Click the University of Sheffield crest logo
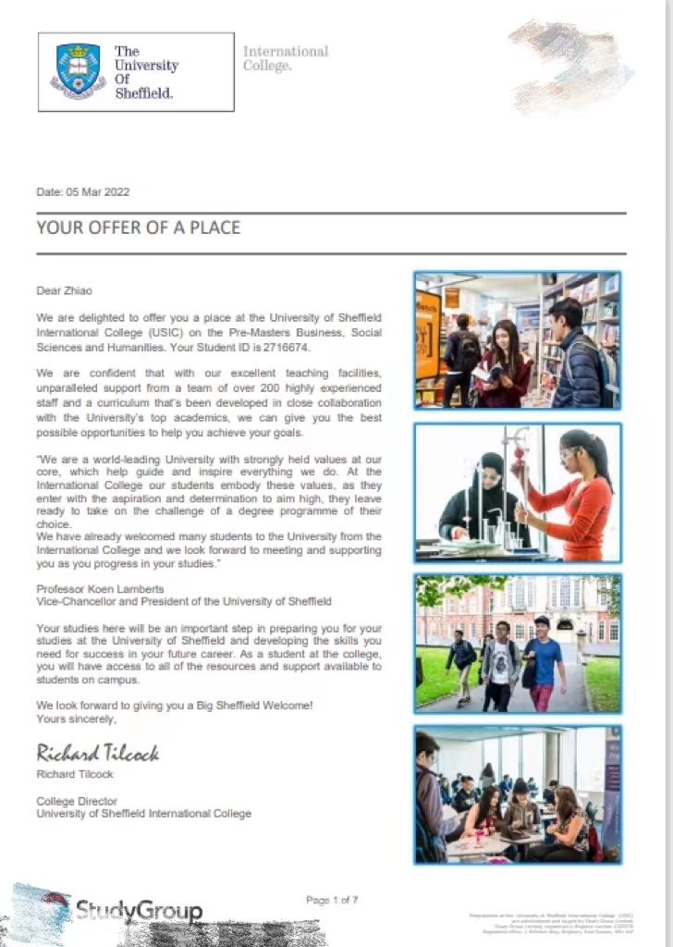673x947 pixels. click(x=78, y=70)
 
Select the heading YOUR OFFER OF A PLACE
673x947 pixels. click(x=138, y=228)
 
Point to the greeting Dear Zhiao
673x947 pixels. click(x=65, y=290)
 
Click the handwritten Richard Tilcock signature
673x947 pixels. click(x=97, y=753)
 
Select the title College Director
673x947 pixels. click(x=77, y=801)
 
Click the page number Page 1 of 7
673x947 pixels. click(x=332, y=900)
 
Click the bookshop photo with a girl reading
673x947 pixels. click(x=518, y=340)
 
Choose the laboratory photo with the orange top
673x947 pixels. click(x=518, y=493)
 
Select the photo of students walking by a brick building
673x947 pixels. click(x=518, y=643)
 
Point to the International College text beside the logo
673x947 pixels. click(x=285, y=58)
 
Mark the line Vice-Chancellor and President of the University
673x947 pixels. click(x=183, y=601)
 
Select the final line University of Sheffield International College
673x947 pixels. click(x=143, y=814)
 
